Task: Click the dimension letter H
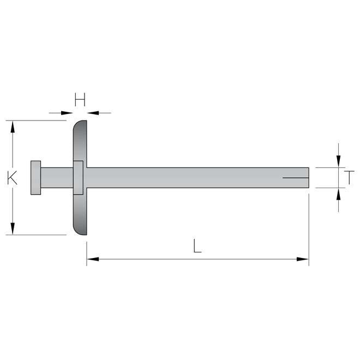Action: (x=80, y=99)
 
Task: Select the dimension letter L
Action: (x=197, y=246)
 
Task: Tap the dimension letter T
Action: (x=350, y=177)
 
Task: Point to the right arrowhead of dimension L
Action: (x=303, y=259)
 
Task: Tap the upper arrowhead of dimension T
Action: (x=339, y=160)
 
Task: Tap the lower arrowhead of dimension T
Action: (x=339, y=194)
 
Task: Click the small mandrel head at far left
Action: (x=35, y=178)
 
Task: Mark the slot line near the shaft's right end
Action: (x=295, y=178)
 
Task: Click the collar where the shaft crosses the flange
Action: (x=78, y=177)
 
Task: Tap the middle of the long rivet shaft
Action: (x=196, y=177)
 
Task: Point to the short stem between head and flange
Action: (x=56, y=177)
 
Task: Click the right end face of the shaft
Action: (x=308, y=177)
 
